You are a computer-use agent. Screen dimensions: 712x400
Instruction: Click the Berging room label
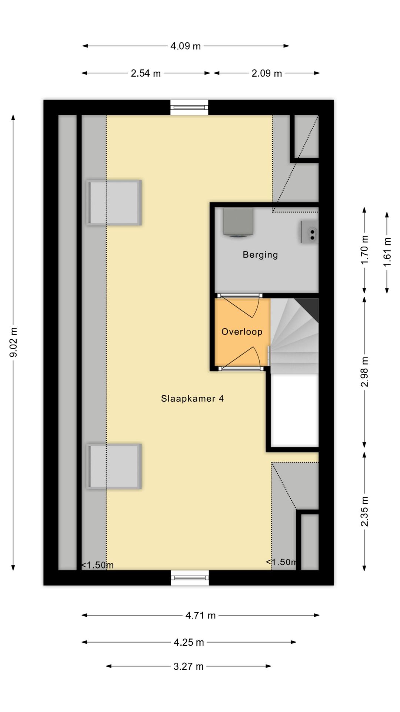[x=260, y=255]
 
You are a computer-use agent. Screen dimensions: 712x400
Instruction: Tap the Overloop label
[x=242, y=332]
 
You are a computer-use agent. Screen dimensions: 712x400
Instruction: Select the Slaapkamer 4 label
[x=192, y=399]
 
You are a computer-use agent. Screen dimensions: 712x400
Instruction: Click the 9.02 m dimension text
[x=14, y=342]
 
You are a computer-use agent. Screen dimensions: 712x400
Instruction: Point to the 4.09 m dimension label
[x=186, y=46]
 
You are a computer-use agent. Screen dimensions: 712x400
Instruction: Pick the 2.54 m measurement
[x=146, y=73]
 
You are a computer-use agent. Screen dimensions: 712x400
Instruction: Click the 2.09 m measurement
[x=267, y=73]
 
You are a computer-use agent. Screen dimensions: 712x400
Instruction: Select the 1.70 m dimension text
[x=365, y=250]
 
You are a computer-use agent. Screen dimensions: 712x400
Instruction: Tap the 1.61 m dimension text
[x=387, y=252]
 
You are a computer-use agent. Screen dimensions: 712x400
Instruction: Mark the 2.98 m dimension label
[x=365, y=372]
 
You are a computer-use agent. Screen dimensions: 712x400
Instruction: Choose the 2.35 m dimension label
[x=365, y=511]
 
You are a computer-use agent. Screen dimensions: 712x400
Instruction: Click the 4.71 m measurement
[x=200, y=616]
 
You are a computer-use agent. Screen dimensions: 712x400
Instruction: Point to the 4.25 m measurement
[x=189, y=642]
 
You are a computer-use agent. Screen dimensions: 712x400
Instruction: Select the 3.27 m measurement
[x=189, y=666]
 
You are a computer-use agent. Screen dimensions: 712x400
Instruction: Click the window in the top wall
[x=189, y=108]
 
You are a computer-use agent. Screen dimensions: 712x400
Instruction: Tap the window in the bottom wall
[x=190, y=578]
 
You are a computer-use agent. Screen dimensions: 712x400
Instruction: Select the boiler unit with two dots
[x=309, y=232]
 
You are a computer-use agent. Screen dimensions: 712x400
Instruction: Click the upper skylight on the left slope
[x=114, y=203]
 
